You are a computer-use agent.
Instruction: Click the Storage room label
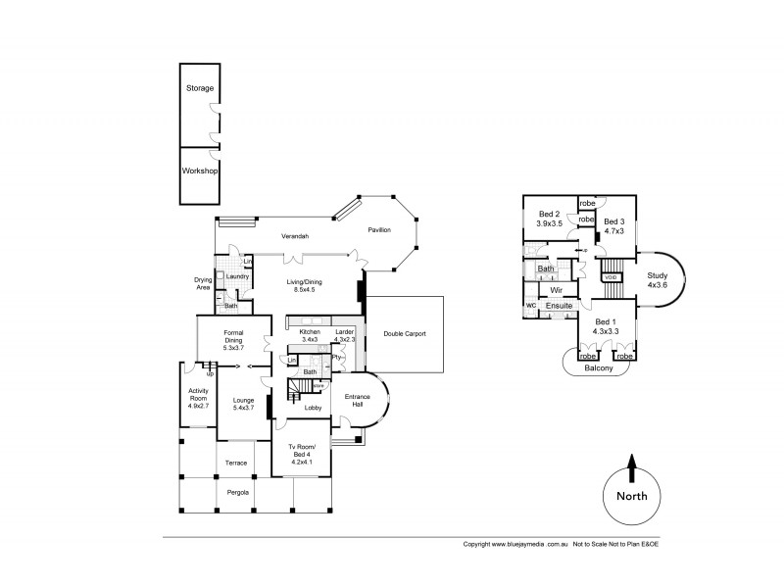click(x=200, y=88)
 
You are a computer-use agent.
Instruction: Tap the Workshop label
click(x=200, y=170)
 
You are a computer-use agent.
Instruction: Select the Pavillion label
click(x=379, y=229)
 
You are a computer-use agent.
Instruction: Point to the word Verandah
click(x=296, y=237)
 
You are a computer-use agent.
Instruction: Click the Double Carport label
click(x=405, y=334)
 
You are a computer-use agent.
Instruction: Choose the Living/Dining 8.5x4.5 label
click(x=307, y=286)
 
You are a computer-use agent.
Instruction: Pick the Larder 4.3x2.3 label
click(x=344, y=336)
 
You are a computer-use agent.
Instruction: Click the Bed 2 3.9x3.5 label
click(x=549, y=219)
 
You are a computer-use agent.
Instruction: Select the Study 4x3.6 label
click(x=657, y=281)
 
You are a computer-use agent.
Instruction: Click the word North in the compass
click(x=632, y=496)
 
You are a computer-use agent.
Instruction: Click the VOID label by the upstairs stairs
click(x=611, y=277)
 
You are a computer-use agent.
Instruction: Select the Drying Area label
click(x=203, y=283)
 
